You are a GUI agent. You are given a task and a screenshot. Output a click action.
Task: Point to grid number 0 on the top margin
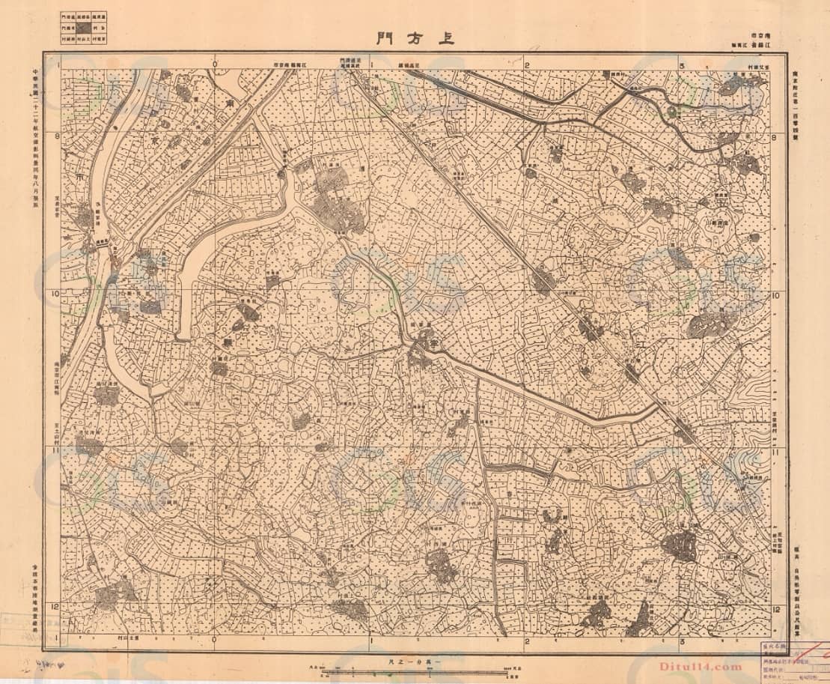point(216,65)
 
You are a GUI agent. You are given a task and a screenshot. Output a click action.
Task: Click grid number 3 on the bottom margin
point(683,641)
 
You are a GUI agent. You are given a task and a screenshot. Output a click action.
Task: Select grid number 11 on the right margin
point(776,453)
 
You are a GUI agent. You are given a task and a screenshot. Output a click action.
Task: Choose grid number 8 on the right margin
point(776,137)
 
